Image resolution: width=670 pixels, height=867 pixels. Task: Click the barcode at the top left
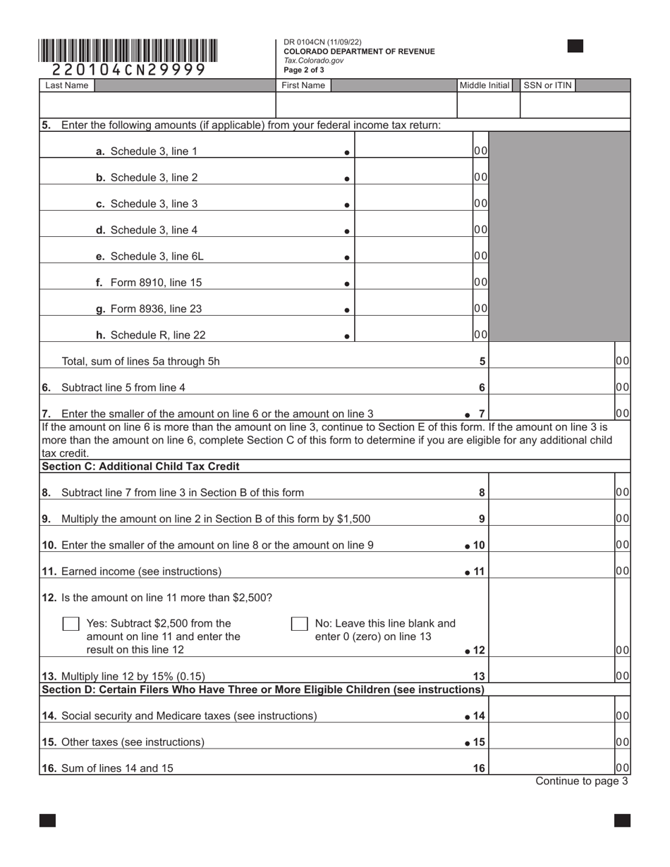pyautogui.click(x=128, y=51)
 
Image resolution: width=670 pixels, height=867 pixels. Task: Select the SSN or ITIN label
pyautogui.click(x=547, y=85)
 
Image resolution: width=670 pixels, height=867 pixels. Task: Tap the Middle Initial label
pyautogui.click(x=485, y=85)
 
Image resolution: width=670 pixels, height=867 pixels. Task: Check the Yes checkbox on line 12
pyautogui.click(x=71, y=624)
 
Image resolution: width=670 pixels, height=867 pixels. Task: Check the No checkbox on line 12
pyautogui.click(x=300, y=624)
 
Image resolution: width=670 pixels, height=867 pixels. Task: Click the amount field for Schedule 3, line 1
pyautogui.click(x=413, y=150)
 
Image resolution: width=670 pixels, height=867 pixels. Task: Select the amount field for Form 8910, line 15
pyautogui.click(x=413, y=282)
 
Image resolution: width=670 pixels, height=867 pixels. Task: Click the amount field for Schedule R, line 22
pyautogui.click(x=413, y=335)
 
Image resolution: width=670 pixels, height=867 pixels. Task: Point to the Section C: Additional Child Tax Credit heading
pyautogui.click(x=141, y=467)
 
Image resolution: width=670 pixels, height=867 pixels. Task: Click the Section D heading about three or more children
pyautogui.click(x=263, y=689)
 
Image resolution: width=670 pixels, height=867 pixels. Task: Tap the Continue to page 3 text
pyautogui.click(x=581, y=781)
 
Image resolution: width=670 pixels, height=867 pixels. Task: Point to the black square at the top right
pyautogui.click(x=575, y=47)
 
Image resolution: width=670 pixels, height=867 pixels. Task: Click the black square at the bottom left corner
pyautogui.click(x=47, y=820)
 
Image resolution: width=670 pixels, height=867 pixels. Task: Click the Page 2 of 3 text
pyautogui.click(x=304, y=70)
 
